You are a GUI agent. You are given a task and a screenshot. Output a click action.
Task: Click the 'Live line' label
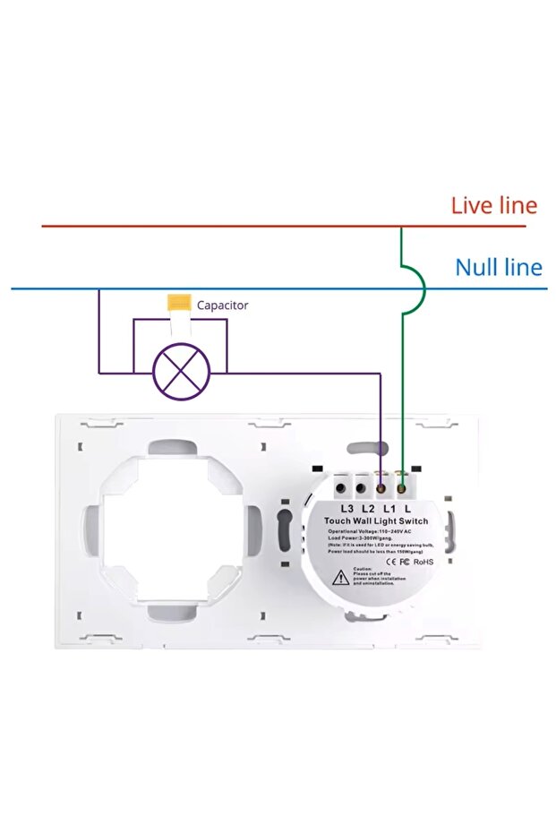tap(493, 205)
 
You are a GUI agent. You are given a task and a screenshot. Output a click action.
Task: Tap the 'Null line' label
tap(498, 267)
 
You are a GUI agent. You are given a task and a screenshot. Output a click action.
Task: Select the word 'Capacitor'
tap(222, 305)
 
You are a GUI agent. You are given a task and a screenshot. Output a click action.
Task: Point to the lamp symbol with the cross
tap(180, 371)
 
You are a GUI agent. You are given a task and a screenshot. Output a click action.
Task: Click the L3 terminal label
tap(347, 510)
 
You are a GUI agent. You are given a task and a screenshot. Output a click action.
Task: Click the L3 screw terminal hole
tap(342, 489)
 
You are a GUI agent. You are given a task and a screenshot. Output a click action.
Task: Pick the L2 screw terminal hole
tap(361, 489)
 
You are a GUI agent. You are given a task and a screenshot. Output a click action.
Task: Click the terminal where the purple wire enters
tap(382, 489)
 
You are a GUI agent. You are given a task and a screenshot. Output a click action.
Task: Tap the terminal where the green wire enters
tap(403, 489)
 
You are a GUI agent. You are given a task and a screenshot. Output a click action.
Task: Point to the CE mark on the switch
tap(391, 562)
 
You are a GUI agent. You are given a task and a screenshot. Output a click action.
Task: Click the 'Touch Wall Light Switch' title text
tap(375, 521)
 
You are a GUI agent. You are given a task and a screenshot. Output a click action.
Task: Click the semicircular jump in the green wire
tap(415, 288)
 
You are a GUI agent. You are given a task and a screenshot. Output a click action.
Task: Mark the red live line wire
tap(224, 226)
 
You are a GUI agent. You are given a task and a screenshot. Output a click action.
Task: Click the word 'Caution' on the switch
tap(363, 569)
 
